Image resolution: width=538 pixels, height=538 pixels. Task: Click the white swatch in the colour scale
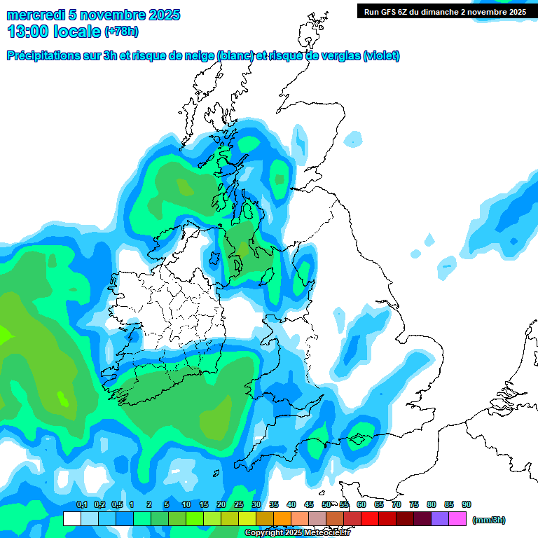(71, 519)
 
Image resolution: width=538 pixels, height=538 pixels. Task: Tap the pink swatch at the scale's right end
(457, 519)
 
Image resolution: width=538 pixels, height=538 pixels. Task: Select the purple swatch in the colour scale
(440, 519)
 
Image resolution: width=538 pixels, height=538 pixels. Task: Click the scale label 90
(467, 505)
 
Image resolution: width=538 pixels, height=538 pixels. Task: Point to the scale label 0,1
(81, 505)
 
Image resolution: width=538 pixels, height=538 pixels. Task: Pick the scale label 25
(239, 505)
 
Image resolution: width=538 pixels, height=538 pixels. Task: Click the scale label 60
(361, 505)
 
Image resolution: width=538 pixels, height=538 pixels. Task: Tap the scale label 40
(291, 505)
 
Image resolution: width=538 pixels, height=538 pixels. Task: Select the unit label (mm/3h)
(489, 520)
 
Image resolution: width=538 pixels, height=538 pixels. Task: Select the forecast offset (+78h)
(121, 32)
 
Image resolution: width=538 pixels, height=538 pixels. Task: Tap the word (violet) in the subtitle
(382, 56)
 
